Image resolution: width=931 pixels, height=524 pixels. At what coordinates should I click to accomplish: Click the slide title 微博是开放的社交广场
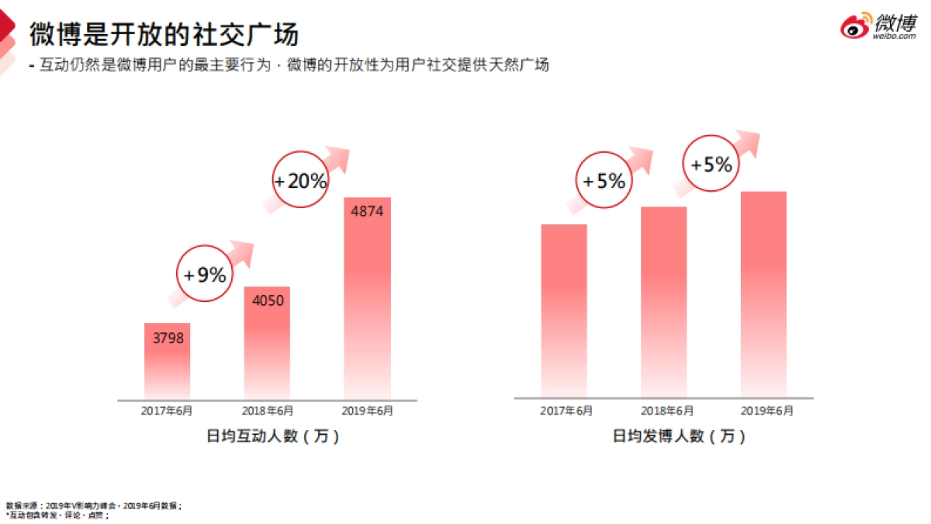(164, 34)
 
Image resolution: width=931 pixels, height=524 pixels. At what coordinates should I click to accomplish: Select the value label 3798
(168, 338)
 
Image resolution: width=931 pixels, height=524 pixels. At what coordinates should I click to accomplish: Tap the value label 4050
(267, 301)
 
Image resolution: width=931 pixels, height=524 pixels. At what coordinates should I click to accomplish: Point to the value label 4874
(367, 211)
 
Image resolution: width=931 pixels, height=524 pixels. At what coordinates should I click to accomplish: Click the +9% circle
(205, 274)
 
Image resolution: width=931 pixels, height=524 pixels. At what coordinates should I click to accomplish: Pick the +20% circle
(300, 181)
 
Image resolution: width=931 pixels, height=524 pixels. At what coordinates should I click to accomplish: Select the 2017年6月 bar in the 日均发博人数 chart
(563, 311)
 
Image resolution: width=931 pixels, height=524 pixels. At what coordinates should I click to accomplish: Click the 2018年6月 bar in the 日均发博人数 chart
(663, 303)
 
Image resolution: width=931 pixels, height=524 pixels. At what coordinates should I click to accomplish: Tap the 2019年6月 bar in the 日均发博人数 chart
(763, 295)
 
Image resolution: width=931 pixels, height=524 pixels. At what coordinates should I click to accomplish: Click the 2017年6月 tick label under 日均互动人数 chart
(167, 410)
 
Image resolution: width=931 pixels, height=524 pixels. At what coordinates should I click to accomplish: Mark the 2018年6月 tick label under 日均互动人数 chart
(267, 410)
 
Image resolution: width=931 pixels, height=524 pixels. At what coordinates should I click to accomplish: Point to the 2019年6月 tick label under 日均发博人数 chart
(767, 411)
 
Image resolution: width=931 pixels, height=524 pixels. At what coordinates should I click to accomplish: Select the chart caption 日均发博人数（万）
(679, 436)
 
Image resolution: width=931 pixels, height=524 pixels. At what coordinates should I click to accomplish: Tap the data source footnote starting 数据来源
(93, 505)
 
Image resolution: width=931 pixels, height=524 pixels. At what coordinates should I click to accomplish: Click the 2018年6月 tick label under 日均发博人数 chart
(666, 411)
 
